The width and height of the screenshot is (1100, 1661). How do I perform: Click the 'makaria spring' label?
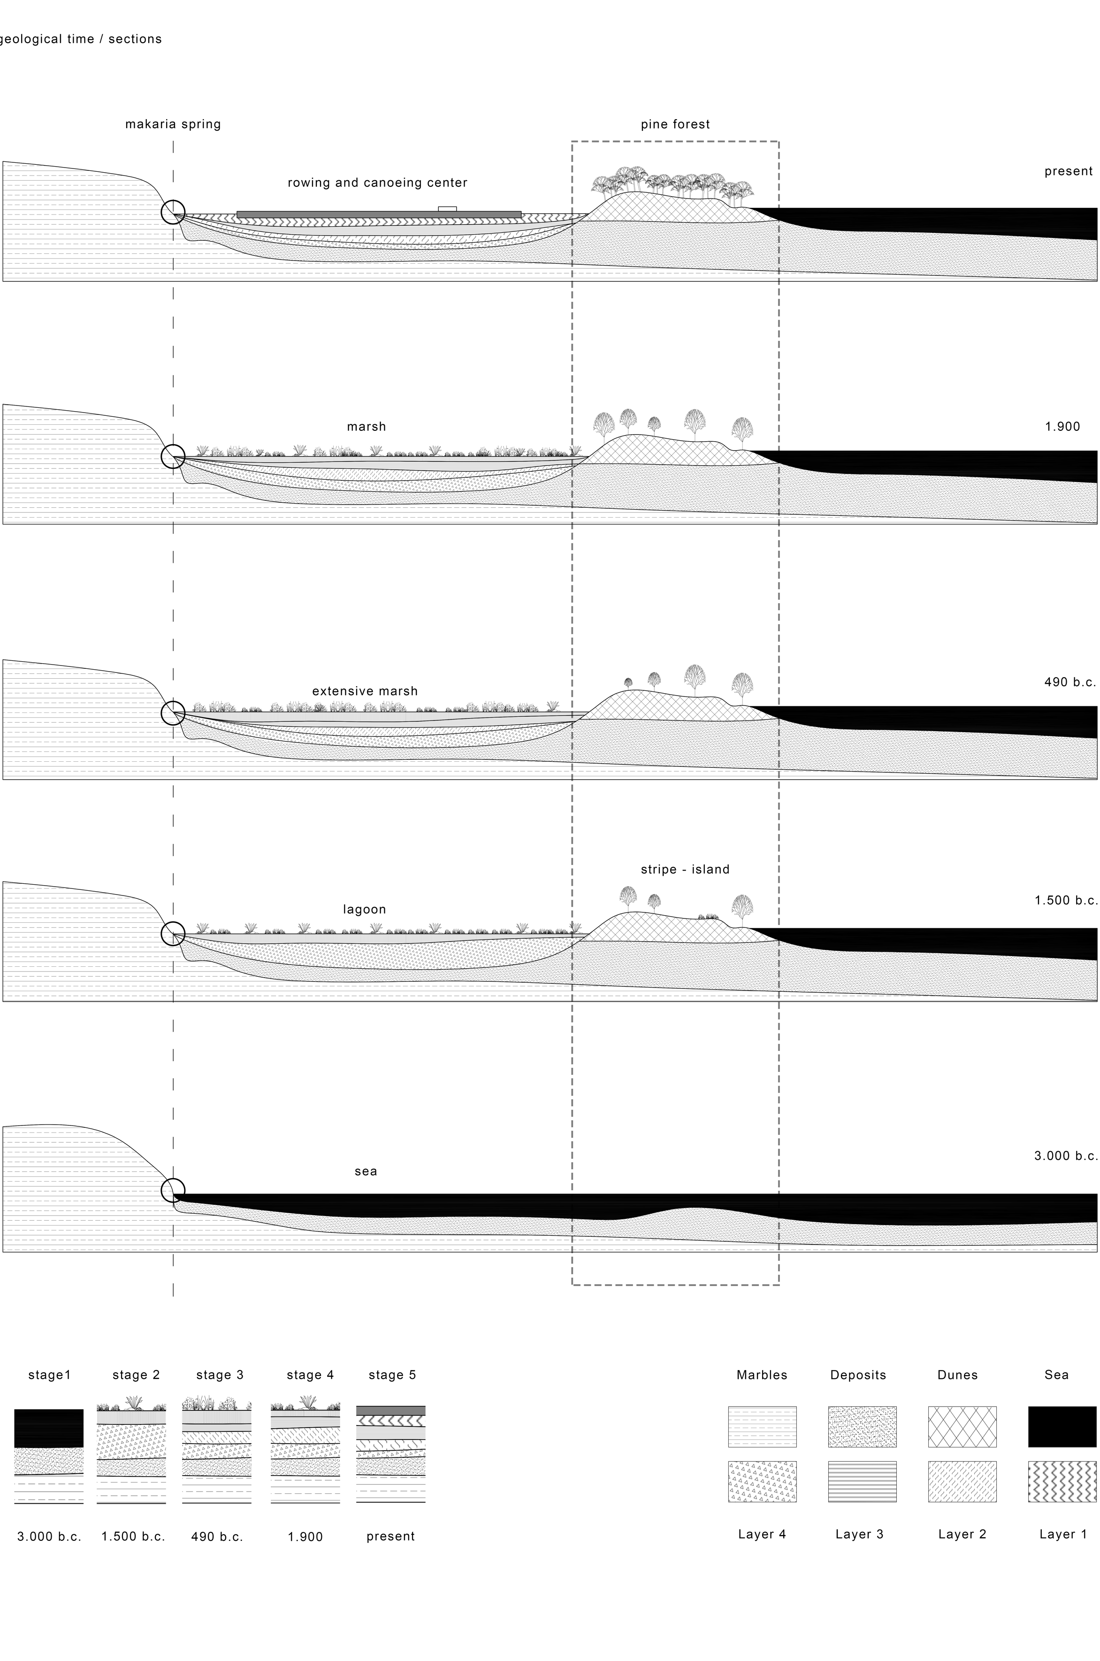click(173, 124)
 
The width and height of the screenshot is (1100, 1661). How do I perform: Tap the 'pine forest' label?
click(675, 124)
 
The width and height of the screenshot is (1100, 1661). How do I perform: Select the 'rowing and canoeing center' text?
click(377, 183)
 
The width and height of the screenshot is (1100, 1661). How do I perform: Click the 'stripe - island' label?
click(685, 869)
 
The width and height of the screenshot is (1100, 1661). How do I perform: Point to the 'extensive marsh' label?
click(365, 691)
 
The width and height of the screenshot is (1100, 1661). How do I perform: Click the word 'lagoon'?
click(364, 909)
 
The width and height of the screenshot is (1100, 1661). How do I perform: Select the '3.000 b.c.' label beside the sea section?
click(1065, 1155)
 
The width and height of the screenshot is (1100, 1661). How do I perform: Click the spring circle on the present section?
click(173, 211)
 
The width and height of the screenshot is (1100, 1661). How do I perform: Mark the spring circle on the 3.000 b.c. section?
click(173, 1190)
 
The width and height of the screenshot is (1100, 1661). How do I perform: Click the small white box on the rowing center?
click(447, 208)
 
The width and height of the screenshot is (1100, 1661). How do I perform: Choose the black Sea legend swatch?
click(1062, 1426)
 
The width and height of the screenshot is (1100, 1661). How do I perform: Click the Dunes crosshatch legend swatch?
click(962, 1426)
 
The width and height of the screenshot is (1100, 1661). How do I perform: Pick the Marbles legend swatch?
click(762, 1426)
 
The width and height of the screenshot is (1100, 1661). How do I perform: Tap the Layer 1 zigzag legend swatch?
click(1062, 1481)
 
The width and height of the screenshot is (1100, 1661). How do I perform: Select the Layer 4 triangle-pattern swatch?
click(762, 1481)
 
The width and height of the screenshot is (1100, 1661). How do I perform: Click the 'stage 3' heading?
click(220, 1375)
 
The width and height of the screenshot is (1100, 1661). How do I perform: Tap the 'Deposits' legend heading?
click(858, 1375)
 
